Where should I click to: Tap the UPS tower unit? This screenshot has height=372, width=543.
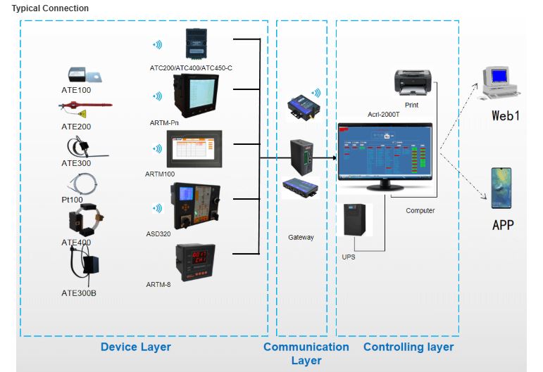(x=353, y=221)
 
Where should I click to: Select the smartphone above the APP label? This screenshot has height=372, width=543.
(x=501, y=188)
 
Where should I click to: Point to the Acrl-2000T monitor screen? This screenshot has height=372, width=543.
(x=384, y=151)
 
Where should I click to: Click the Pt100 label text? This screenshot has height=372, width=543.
(x=73, y=200)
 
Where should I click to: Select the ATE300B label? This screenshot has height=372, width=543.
(x=78, y=293)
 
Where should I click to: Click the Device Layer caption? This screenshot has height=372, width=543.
(x=135, y=347)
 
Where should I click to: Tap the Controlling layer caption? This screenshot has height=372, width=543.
(x=408, y=347)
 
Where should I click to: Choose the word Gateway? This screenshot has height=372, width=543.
(x=301, y=238)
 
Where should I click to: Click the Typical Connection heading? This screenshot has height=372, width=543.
(x=50, y=8)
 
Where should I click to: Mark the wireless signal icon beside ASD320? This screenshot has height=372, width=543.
(x=157, y=208)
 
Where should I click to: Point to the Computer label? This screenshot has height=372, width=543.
(x=420, y=210)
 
